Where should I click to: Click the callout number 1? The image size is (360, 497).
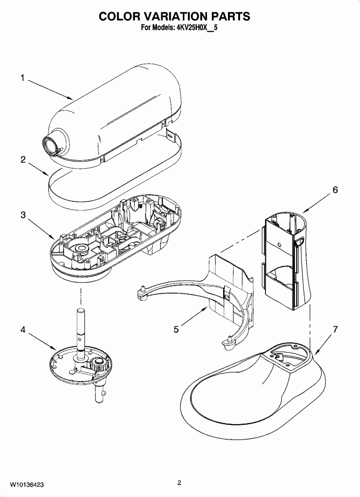tap(23, 78)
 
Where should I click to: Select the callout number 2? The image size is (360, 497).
tap(23, 160)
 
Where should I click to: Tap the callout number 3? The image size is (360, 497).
tap(23, 215)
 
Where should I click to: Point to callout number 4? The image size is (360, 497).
tap(23, 330)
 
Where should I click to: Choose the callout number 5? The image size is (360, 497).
tap(176, 329)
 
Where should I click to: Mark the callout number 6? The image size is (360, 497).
tap(335, 189)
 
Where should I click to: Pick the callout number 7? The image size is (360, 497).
tap(335, 330)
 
